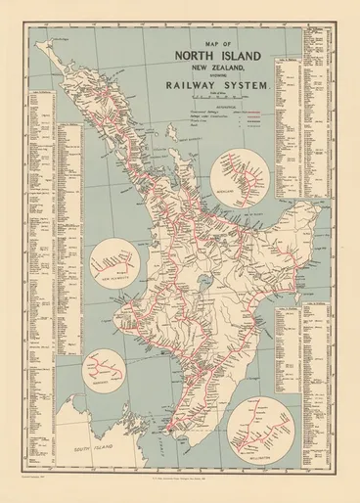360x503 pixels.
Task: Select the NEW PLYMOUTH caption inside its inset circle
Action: pos(118,289)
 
